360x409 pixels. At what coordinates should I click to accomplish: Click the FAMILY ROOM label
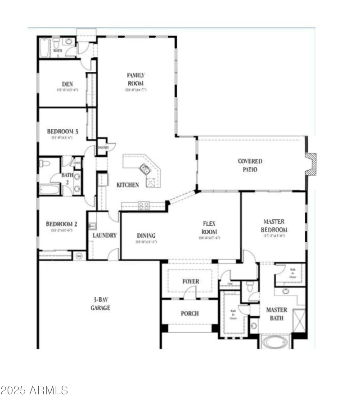(x=135, y=79)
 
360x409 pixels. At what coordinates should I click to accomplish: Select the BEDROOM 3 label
(x=63, y=132)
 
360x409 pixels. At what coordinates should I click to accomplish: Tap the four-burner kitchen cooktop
(x=144, y=205)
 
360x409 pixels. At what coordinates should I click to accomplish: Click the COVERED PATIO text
(x=250, y=165)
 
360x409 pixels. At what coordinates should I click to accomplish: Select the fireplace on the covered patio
(x=311, y=164)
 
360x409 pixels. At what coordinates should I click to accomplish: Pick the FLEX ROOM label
(x=210, y=227)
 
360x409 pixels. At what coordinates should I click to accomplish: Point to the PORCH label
(x=190, y=314)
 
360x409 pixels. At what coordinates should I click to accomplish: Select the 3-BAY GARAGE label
(x=100, y=304)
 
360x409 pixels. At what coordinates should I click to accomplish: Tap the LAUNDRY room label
(x=105, y=235)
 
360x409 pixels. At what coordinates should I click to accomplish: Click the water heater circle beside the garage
(x=79, y=256)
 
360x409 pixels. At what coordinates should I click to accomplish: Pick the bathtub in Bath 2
(x=49, y=189)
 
